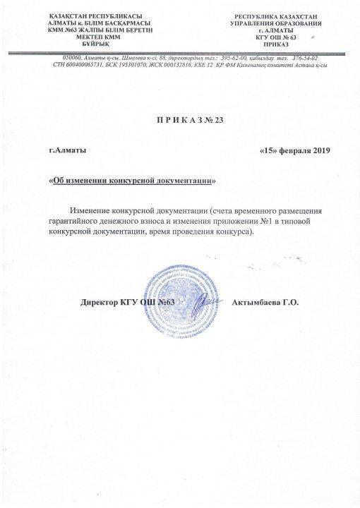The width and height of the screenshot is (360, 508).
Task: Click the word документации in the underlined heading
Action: (186, 180)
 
